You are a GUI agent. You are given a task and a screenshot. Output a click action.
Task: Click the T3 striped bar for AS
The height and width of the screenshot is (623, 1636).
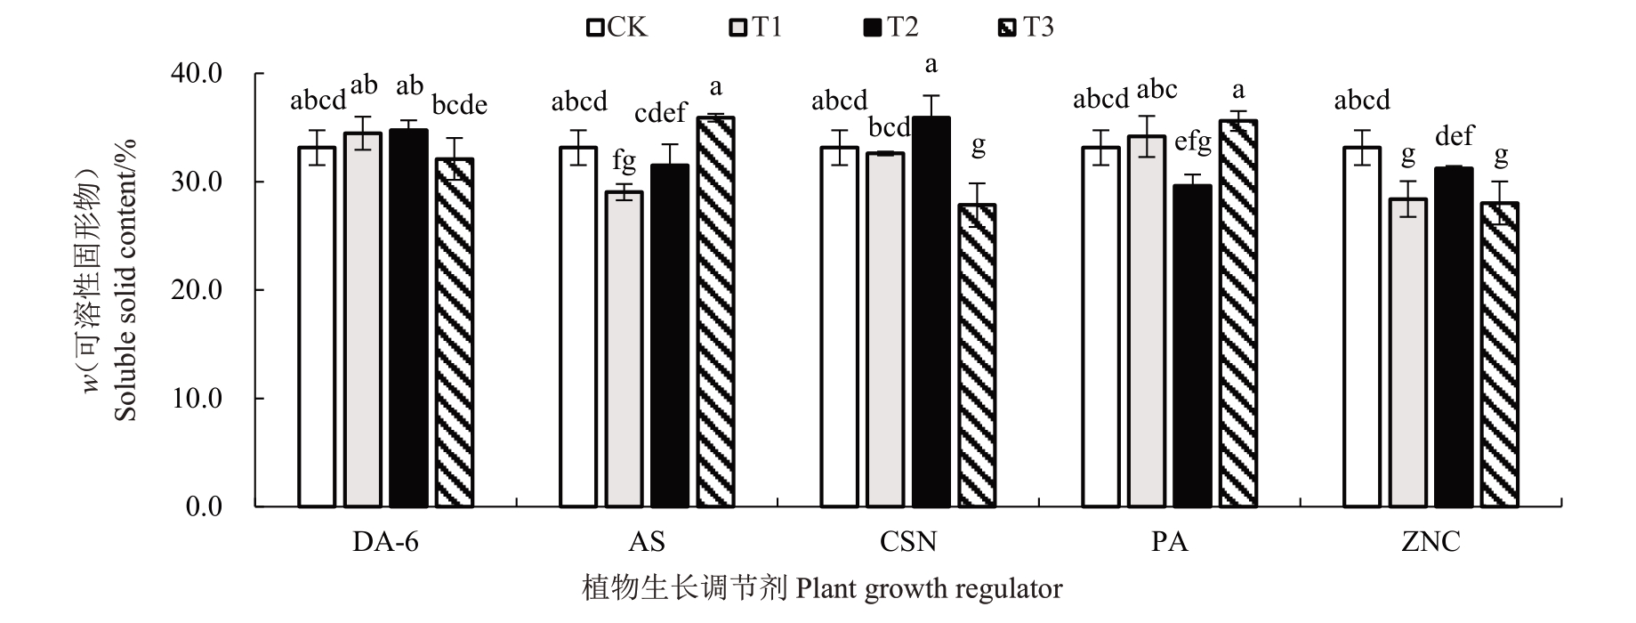[x=715, y=311]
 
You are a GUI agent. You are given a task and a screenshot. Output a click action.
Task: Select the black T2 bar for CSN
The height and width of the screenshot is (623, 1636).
[x=931, y=311]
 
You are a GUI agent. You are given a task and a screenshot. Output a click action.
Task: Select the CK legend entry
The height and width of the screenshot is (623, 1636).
[x=617, y=28]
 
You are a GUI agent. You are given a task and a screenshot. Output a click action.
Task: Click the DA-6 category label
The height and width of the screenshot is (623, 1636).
[x=385, y=542]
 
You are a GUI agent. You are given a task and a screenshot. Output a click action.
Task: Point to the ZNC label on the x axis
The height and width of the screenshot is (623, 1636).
[x=1430, y=542]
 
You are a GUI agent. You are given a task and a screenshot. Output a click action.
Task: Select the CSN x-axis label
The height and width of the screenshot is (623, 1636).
[x=907, y=542]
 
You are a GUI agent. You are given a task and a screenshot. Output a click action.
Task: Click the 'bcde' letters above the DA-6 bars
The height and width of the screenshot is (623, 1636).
[x=460, y=105]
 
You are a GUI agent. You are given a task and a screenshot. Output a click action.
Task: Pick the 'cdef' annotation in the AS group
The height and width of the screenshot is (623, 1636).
[x=660, y=113]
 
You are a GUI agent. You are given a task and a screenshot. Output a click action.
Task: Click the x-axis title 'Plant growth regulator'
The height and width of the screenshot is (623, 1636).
[x=929, y=589]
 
